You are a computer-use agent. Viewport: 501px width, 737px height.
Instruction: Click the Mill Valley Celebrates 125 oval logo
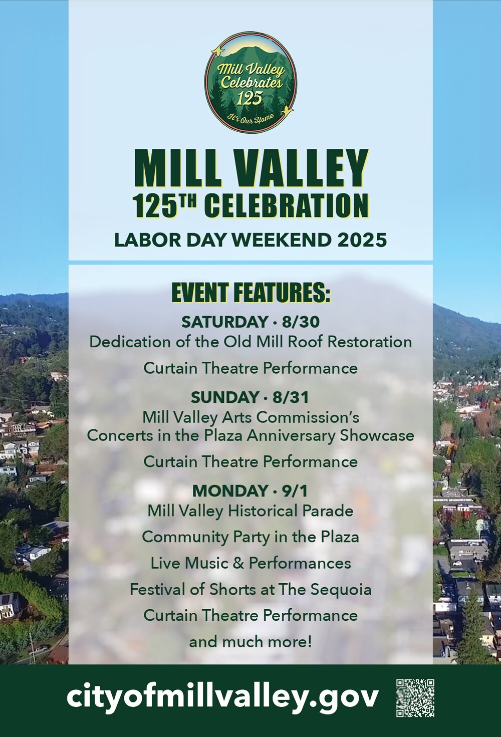250,82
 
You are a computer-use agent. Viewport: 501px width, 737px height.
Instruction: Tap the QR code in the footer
415,697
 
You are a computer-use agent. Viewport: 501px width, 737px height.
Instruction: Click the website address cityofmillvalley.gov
222,697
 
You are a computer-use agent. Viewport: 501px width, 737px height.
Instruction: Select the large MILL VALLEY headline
250,168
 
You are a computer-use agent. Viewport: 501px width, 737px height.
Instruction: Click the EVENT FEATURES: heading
250,294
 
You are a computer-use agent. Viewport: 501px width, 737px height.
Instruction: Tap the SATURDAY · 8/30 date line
250,321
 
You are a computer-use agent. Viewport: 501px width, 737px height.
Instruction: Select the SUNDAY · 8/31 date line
250,397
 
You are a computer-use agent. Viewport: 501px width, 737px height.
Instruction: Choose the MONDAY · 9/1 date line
250,490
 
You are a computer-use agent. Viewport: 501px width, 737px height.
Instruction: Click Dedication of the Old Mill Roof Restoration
250,342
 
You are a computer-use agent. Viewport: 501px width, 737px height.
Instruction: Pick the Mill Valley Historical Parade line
250,511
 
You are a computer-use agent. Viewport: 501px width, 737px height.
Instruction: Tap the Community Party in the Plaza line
250,537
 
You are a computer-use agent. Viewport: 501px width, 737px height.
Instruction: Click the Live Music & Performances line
250,563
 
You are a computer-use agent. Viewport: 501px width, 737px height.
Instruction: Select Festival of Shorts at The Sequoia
250,589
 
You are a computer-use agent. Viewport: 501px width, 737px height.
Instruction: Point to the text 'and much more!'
250,641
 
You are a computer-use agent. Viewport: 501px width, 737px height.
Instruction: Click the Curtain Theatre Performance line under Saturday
250,368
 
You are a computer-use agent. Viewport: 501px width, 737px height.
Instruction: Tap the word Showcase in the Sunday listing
377,435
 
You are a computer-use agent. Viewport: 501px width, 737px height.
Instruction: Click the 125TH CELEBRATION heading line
250,205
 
